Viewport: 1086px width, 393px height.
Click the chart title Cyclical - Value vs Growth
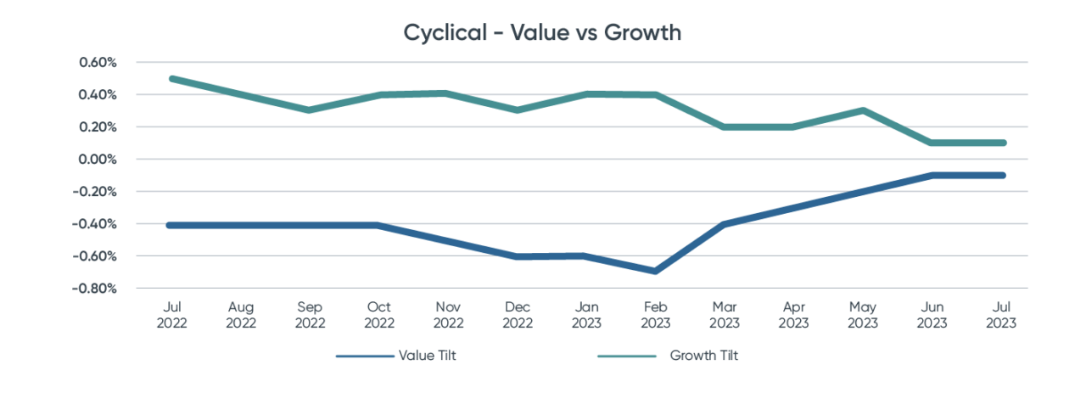[543, 33]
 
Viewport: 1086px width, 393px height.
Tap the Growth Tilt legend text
[704, 356]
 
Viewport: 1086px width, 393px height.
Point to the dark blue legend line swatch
[366, 357]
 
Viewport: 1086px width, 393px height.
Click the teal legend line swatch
[627, 357]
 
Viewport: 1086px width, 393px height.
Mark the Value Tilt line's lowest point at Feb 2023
[655, 271]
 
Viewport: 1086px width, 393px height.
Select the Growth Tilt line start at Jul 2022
[171, 78]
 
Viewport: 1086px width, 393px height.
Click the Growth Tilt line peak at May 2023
[863, 110]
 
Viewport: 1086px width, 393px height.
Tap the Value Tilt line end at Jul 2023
[1002, 176]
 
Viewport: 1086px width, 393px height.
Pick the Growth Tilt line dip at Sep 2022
[310, 110]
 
